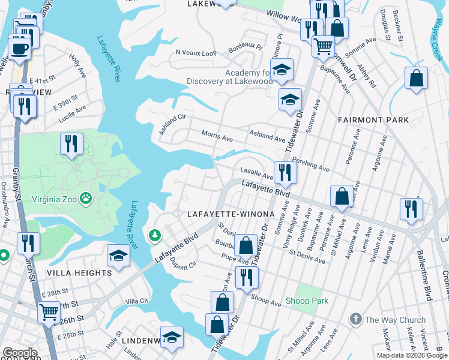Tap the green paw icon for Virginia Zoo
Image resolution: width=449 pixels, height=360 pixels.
click(x=87, y=196)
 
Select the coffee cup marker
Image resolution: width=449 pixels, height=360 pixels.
click(x=19, y=47)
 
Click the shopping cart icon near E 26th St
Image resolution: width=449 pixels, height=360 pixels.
click(x=49, y=312)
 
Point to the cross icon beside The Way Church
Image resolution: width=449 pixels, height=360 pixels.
click(x=355, y=319)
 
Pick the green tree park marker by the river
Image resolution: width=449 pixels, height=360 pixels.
click(x=155, y=235)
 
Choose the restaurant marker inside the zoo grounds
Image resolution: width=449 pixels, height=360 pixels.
click(x=71, y=144)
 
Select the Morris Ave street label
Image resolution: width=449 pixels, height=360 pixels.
click(x=217, y=137)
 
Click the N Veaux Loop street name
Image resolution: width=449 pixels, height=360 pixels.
click(x=196, y=53)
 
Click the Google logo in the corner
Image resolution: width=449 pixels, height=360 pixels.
click(x=20, y=353)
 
